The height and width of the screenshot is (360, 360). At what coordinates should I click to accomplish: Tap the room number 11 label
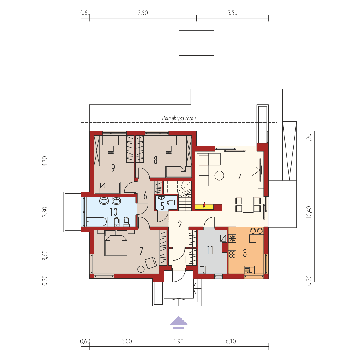pos(210,250)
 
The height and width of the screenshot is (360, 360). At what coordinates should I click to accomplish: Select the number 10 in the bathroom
pos(114,212)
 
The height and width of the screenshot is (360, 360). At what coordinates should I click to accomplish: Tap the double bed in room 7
pos(116,245)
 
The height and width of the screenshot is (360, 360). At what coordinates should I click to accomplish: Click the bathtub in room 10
pos(96,222)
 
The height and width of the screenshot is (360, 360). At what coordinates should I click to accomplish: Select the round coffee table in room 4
pos(219,175)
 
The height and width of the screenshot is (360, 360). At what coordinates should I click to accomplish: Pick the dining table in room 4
pos(248,204)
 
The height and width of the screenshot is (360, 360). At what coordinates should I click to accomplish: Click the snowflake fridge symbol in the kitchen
pos(232,238)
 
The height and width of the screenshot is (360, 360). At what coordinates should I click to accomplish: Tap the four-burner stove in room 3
pos(232,254)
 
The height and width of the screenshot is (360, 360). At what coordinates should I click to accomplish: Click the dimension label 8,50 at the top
pos(143,13)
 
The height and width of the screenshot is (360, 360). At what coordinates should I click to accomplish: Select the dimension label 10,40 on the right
pos(309,212)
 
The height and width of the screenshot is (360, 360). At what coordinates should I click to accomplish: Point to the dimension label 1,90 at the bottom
pos(179,341)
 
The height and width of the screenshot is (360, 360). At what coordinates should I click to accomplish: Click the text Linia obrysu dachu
pos(179,119)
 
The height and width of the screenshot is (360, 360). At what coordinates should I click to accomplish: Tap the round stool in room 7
pos(141,269)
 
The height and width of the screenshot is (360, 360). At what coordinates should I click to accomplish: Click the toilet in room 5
pos(173,202)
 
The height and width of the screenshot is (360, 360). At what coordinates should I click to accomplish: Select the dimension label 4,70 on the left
pos(45,161)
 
